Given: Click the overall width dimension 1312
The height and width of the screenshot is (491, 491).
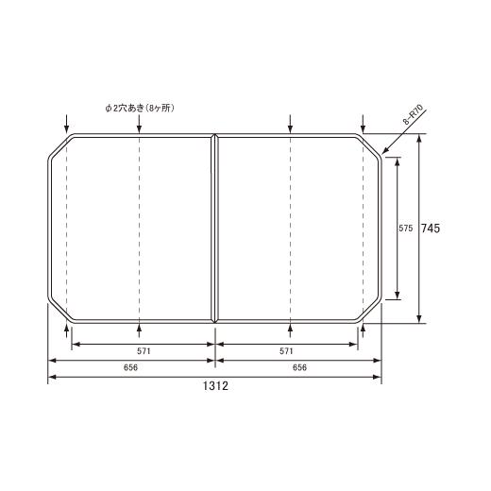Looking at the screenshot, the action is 215,385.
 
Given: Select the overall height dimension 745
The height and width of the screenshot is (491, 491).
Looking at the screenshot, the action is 431,229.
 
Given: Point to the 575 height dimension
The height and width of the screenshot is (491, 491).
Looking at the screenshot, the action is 405,229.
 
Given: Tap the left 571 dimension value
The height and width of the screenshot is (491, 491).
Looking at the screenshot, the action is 144,351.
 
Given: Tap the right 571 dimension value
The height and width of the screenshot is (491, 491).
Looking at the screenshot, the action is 286,351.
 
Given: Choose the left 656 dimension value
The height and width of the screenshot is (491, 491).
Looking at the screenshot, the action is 130,367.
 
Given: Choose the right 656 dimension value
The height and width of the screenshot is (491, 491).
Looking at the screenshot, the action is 299,367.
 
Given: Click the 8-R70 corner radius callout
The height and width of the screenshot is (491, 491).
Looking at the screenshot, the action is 414,114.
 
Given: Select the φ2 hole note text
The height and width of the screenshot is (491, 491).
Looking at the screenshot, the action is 140,108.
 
